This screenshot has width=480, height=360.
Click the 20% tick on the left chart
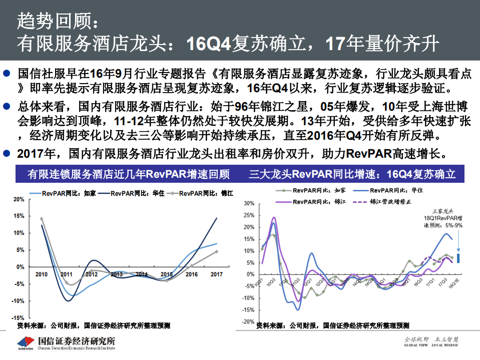(x=19, y=199)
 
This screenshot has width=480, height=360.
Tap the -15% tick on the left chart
(x=18, y=318)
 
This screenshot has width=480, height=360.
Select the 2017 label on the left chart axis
(x=216, y=274)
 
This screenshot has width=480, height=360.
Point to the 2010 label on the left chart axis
(x=41, y=274)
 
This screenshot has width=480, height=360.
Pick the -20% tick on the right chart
(x=248, y=322)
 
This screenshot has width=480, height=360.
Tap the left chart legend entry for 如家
(x=64, y=193)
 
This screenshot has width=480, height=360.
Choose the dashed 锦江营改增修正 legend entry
(x=383, y=201)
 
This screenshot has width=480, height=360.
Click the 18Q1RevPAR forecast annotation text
(x=443, y=218)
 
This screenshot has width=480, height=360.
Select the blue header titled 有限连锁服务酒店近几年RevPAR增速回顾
(x=129, y=175)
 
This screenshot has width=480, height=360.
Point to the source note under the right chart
(x=332, y=326)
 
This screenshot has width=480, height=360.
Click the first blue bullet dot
(x=7, y=74)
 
